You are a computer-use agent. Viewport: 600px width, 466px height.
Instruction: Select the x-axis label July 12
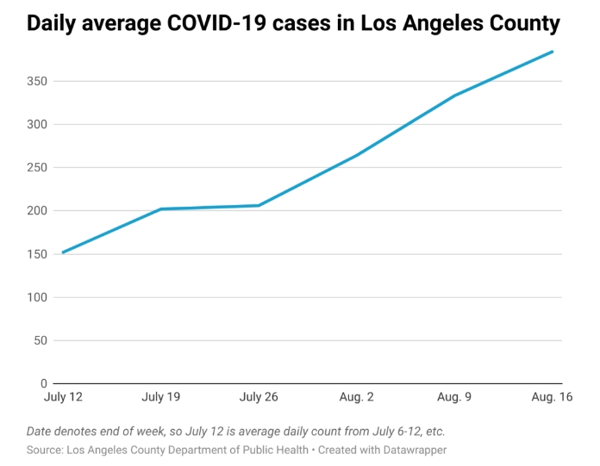pos(63,398)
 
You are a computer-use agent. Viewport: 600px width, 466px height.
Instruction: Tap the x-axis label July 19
pos(160,398)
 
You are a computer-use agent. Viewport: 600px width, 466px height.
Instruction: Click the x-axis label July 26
pos(259,398)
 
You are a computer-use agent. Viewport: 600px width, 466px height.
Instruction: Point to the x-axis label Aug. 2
pos(356,398)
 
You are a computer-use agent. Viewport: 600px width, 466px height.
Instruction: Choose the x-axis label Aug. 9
pos(454,398)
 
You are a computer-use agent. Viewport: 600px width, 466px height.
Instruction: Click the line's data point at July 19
pos(160,209)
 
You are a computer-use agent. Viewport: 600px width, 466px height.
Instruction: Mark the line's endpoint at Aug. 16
pos(553,52)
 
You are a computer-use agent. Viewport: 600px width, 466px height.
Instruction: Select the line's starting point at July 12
pos(63,252)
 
